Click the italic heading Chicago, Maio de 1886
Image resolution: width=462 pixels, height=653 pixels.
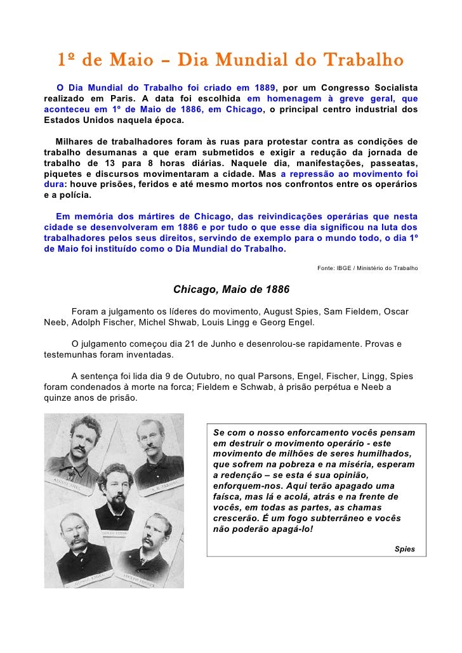[x=231, y=289]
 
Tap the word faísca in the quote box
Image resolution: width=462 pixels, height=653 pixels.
[x=228, y=496]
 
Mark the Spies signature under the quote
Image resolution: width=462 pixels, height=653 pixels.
[x=404, y=548]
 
